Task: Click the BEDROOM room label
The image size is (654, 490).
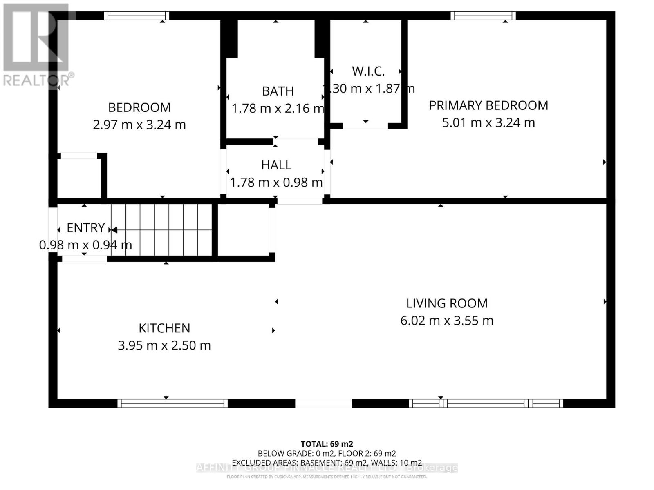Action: tap(139, 107)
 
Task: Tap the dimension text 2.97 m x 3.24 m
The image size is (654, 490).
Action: tap(139, 125)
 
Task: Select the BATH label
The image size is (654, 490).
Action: tap(278, 91)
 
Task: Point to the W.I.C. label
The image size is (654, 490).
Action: tap(368, 71)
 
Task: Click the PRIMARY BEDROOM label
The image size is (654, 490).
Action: tap(488, 105)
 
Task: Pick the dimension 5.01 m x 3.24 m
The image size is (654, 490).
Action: tap(488, 122)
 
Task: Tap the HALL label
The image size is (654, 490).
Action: tap(276, 165)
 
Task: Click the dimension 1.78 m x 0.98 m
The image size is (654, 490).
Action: tap(276, 182)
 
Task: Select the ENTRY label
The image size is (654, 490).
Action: tap(85, 228)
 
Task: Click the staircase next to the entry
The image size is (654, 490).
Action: tap(161, 229)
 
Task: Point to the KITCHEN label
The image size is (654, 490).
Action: tap(164, 328)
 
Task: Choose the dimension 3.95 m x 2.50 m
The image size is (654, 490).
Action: tap(164, 345)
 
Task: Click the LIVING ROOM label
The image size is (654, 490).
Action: tap(447, 303)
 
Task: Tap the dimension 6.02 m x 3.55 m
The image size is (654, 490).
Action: tap(447, 321)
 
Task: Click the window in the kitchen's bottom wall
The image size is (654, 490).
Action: tap(172, 403)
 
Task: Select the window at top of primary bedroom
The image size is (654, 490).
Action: tap(483, 16)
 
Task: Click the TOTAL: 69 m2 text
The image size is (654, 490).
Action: tap(327, 444)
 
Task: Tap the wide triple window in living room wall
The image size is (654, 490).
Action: tap(486, 403)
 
